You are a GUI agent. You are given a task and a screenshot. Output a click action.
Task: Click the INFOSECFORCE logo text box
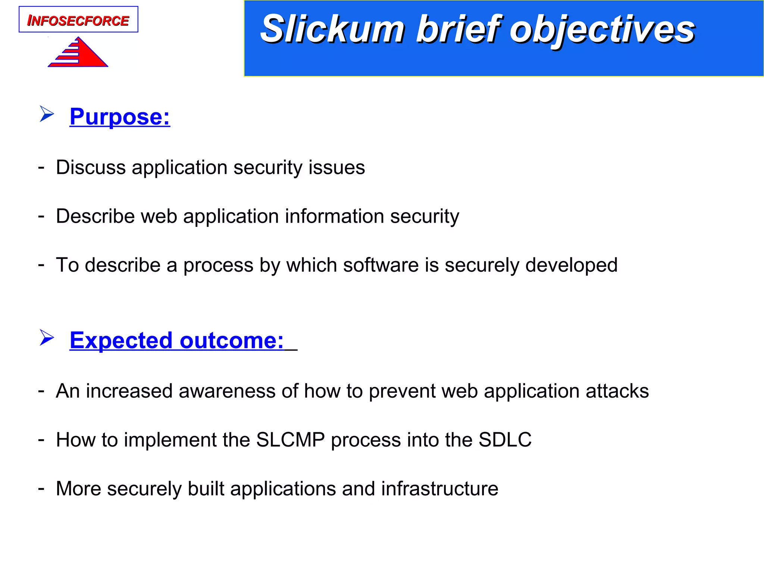click(78, 20)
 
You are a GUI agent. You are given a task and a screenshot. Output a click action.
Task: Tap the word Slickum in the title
click(332, 29)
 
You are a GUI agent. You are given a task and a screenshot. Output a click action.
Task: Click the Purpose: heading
click(120, 117)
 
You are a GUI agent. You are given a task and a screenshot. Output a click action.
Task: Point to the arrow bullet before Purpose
click(47, 114)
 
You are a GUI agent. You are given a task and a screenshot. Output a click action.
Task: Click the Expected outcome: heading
click(177, 340)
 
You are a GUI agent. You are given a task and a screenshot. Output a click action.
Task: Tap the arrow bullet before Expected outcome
click(47, 338)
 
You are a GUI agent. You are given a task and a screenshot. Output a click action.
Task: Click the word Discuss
click(91, 167)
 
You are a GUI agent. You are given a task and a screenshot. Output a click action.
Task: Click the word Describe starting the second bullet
click(95, 216)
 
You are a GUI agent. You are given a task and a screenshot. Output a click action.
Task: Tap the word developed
click(571, 265)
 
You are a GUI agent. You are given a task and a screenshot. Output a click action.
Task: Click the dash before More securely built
click(41, 488)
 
